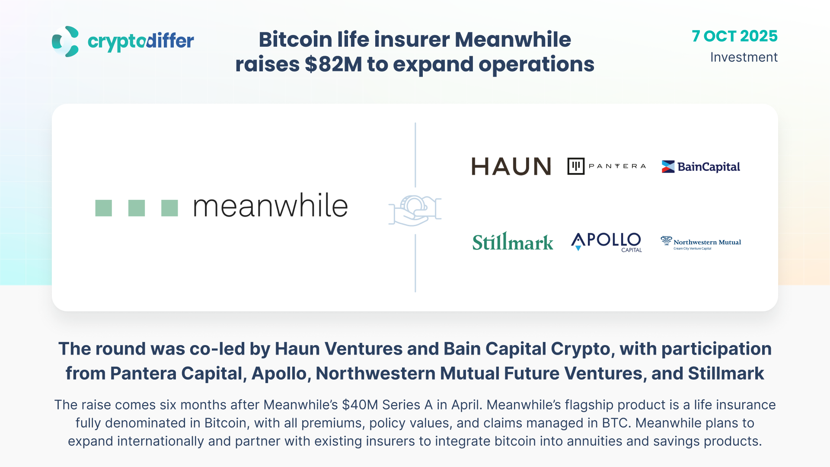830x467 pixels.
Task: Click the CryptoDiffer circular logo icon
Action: [x=65, y=42]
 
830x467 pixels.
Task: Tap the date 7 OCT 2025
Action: [x=734, y=36]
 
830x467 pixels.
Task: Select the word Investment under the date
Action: [x=744, y=57]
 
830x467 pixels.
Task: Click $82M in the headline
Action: [x=333, y=64]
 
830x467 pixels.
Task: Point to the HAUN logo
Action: [x=511, y=166]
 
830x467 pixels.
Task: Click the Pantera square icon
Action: [x=576, y=166]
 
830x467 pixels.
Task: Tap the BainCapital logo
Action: [x=701, y=167]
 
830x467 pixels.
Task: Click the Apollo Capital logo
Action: [x=607, y=242]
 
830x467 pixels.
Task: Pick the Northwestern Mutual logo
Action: [x=701, y=243]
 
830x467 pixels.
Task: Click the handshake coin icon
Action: [x=415, y=211]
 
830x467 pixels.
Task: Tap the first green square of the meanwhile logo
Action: [x=103, y=208]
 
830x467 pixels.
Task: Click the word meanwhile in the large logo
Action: [x=271, y=206]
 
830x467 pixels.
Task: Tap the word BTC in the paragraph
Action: [x=614, y=423]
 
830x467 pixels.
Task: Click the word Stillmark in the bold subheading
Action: [x=726, y=373]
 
